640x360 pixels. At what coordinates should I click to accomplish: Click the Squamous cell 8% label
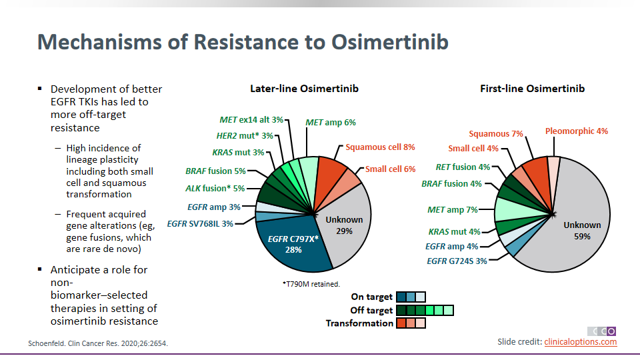(x=380, y=147)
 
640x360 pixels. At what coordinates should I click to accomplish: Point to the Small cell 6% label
(x=390, y=169)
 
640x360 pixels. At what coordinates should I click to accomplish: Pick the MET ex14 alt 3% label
(x=251, y=120)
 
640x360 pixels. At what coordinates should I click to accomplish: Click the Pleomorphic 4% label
(x=577, y=131)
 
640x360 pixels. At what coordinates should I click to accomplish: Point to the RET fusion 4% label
(x=463, y=167)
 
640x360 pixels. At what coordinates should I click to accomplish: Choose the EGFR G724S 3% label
(x=457, y=261)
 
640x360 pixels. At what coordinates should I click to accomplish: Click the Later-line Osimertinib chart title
(x=299, y=89)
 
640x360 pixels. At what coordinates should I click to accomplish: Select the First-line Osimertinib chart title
(x=533, y=89)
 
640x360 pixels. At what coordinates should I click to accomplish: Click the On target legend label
(x=371, y=297)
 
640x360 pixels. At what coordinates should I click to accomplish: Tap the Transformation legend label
(x=359, y=323)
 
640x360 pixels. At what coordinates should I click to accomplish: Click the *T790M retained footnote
(x=311, y=284)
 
